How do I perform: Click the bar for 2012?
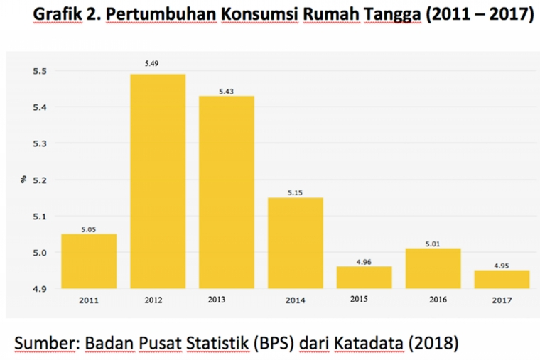point(158,181)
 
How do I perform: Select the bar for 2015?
point(364,277)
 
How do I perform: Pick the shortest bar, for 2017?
point(502,279)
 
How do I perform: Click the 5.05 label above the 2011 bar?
point(89,229)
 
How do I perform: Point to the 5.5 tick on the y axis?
point(39,71)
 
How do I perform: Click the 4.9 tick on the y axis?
point(39,289)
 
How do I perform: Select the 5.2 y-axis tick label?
point(39,180)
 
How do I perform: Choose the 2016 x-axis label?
point(438,300)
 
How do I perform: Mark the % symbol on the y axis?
point(22,180)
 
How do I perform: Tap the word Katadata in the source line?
point(367,343)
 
